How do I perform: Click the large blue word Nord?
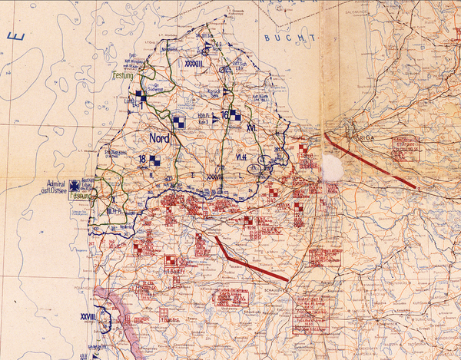[159, 139]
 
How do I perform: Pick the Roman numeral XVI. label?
[250, 129]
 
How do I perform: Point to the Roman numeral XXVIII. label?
[88, 315]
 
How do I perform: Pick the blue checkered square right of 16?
[236, 116]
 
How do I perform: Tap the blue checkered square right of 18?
[155, 160]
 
